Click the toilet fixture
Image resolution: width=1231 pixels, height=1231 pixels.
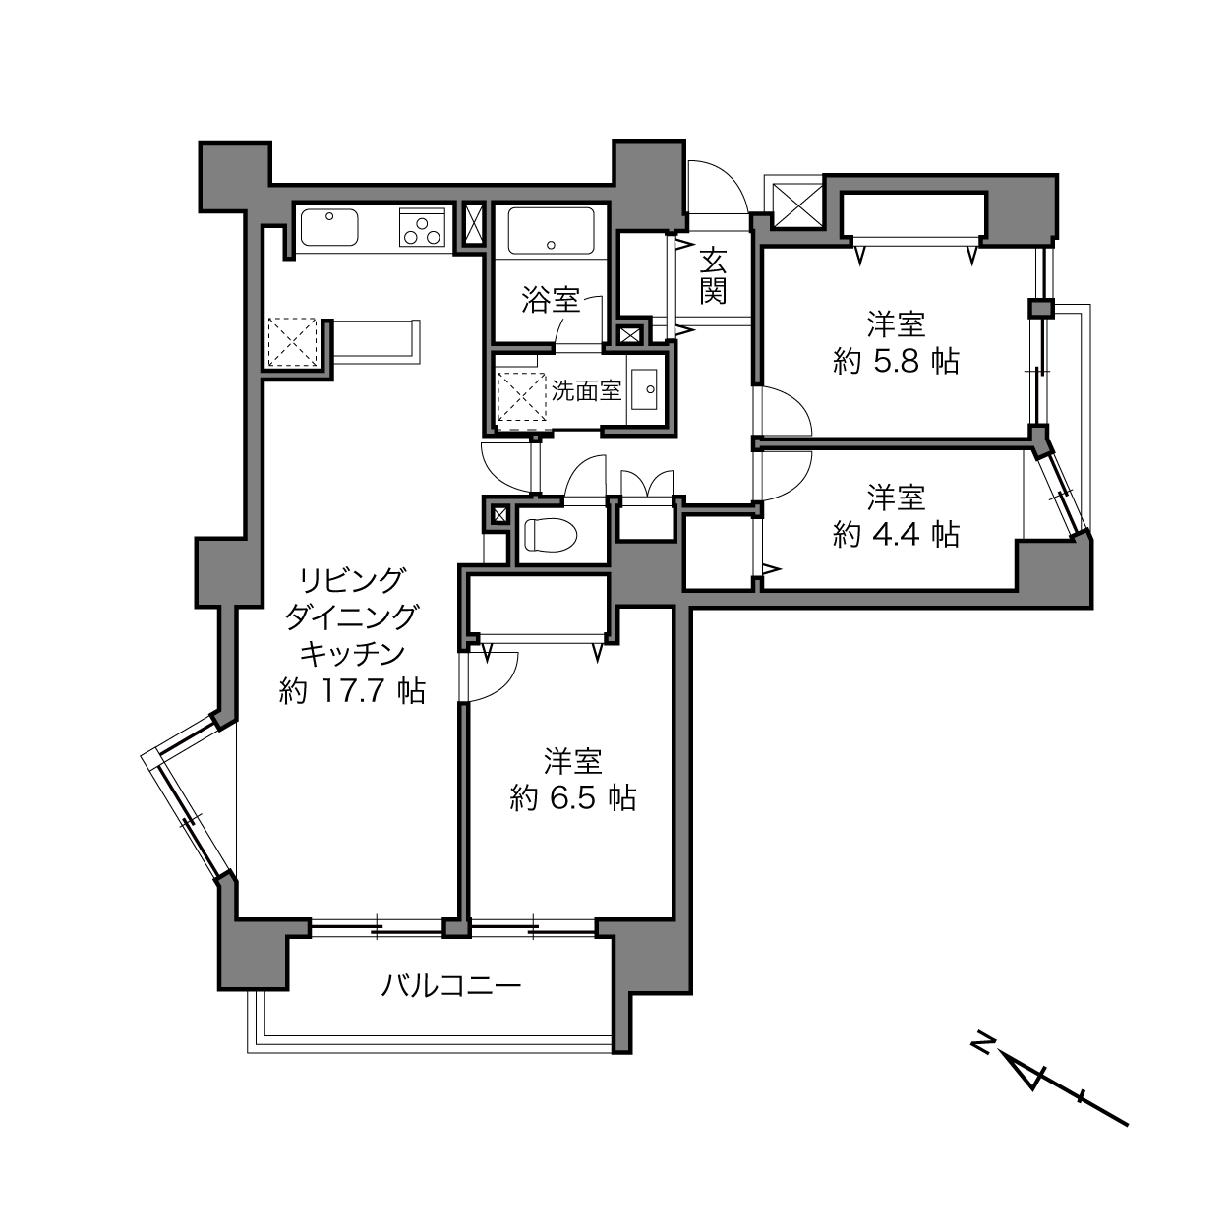point(550,535)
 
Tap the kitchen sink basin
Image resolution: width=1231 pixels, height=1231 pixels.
point(329,227)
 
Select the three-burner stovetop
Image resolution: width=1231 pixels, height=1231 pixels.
point(422,227)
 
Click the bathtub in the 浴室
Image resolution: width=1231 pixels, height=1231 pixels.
point(551,231)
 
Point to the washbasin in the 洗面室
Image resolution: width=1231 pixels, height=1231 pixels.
point(644,388)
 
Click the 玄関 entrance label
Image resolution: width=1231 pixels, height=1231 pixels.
point(713,276)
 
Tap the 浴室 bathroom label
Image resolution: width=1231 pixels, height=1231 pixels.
point(551,300)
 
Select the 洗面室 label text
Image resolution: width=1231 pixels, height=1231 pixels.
point(586,390)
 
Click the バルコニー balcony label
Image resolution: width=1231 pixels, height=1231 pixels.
point(451,986)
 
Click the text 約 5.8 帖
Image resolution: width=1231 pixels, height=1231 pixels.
point(896,362)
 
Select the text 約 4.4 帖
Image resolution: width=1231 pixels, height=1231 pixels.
point(896,534)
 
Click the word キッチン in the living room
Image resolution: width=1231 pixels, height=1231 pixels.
point(353,654)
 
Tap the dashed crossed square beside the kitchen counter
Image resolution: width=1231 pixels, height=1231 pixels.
point(292,342)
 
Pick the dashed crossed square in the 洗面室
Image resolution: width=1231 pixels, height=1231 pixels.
point(522,396)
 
